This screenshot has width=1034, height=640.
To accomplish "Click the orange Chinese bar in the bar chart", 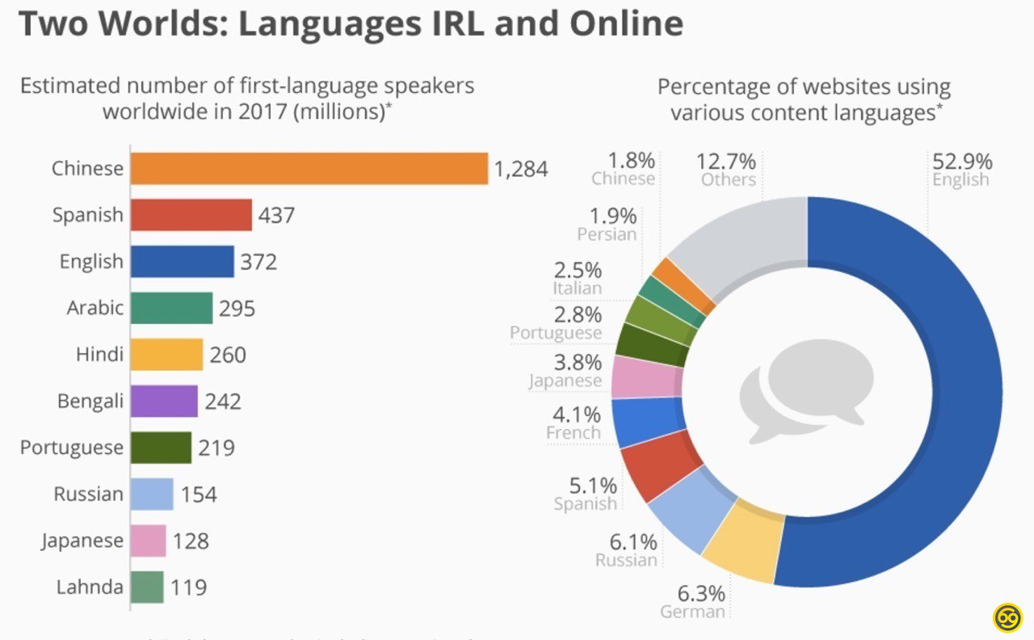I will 309,169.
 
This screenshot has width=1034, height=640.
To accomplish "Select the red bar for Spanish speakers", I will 191,216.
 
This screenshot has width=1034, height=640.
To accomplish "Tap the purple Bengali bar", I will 164,401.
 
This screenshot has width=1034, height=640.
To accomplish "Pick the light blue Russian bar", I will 152,494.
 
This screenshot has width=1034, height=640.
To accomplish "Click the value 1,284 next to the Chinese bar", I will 521,170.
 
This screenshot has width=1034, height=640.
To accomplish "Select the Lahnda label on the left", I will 90,587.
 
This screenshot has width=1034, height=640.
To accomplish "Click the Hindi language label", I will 99,355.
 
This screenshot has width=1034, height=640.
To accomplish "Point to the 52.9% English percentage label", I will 961,162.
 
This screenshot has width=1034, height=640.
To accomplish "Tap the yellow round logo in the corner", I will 1007,617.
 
